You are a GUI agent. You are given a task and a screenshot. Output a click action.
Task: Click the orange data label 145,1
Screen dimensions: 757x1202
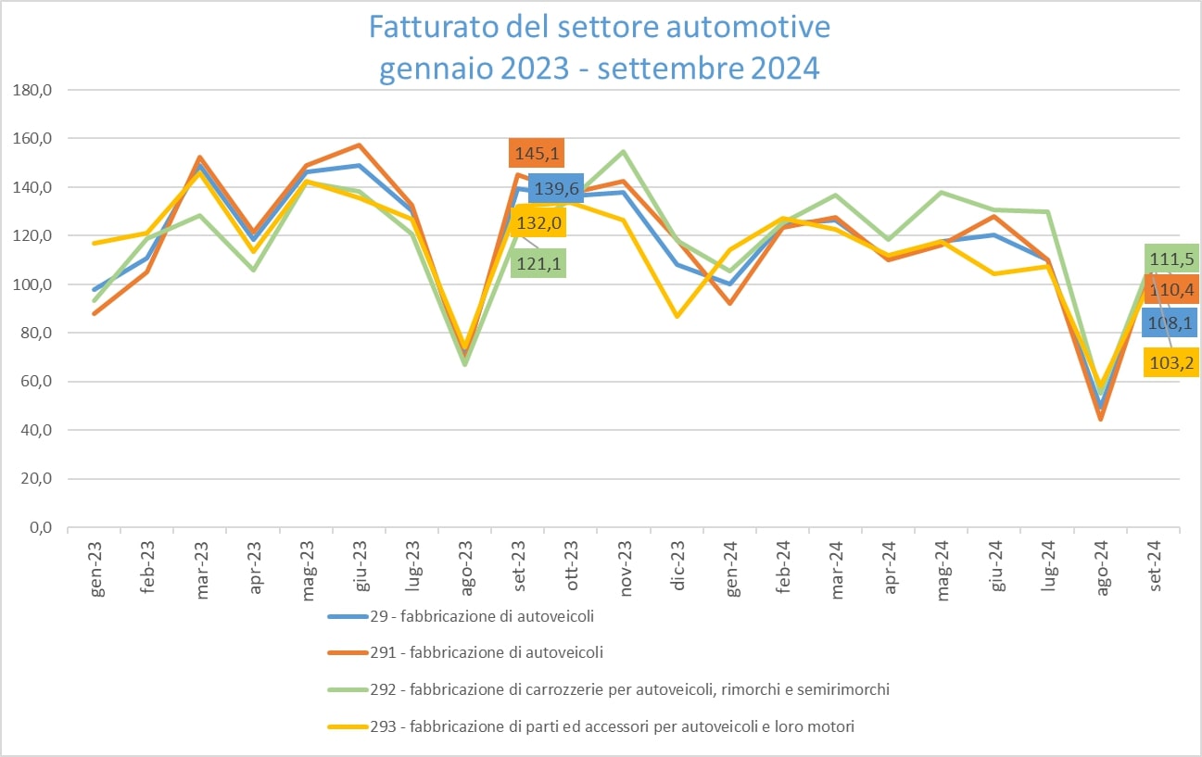[x=537, y=153]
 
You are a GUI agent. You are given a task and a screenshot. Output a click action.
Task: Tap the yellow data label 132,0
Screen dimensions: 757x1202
[x=537, y=223]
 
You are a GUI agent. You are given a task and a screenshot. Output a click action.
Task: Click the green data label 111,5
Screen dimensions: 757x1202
[x=1171, y=259]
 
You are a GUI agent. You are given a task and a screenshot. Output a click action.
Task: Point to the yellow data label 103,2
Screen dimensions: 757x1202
[x=1171, y=361]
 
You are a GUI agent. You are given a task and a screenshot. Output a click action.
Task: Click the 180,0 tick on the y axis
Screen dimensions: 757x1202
[x=32, y=90]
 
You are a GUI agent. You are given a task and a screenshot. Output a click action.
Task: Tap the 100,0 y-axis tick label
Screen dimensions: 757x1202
[x=32, y=284]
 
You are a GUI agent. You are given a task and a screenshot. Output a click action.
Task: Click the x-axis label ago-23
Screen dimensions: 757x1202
[x=468, y=567]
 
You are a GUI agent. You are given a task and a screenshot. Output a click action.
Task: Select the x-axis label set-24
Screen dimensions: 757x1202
[x=1155, y=567]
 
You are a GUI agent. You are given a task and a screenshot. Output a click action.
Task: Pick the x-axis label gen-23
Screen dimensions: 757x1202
[x=96, y=567]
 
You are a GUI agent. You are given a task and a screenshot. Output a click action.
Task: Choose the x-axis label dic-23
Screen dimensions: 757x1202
[x=678, y=567]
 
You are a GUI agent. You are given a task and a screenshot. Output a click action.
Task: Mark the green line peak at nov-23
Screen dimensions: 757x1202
[x=626, y=151]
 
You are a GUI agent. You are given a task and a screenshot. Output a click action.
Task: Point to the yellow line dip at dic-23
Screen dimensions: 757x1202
[x=678, y=317]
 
